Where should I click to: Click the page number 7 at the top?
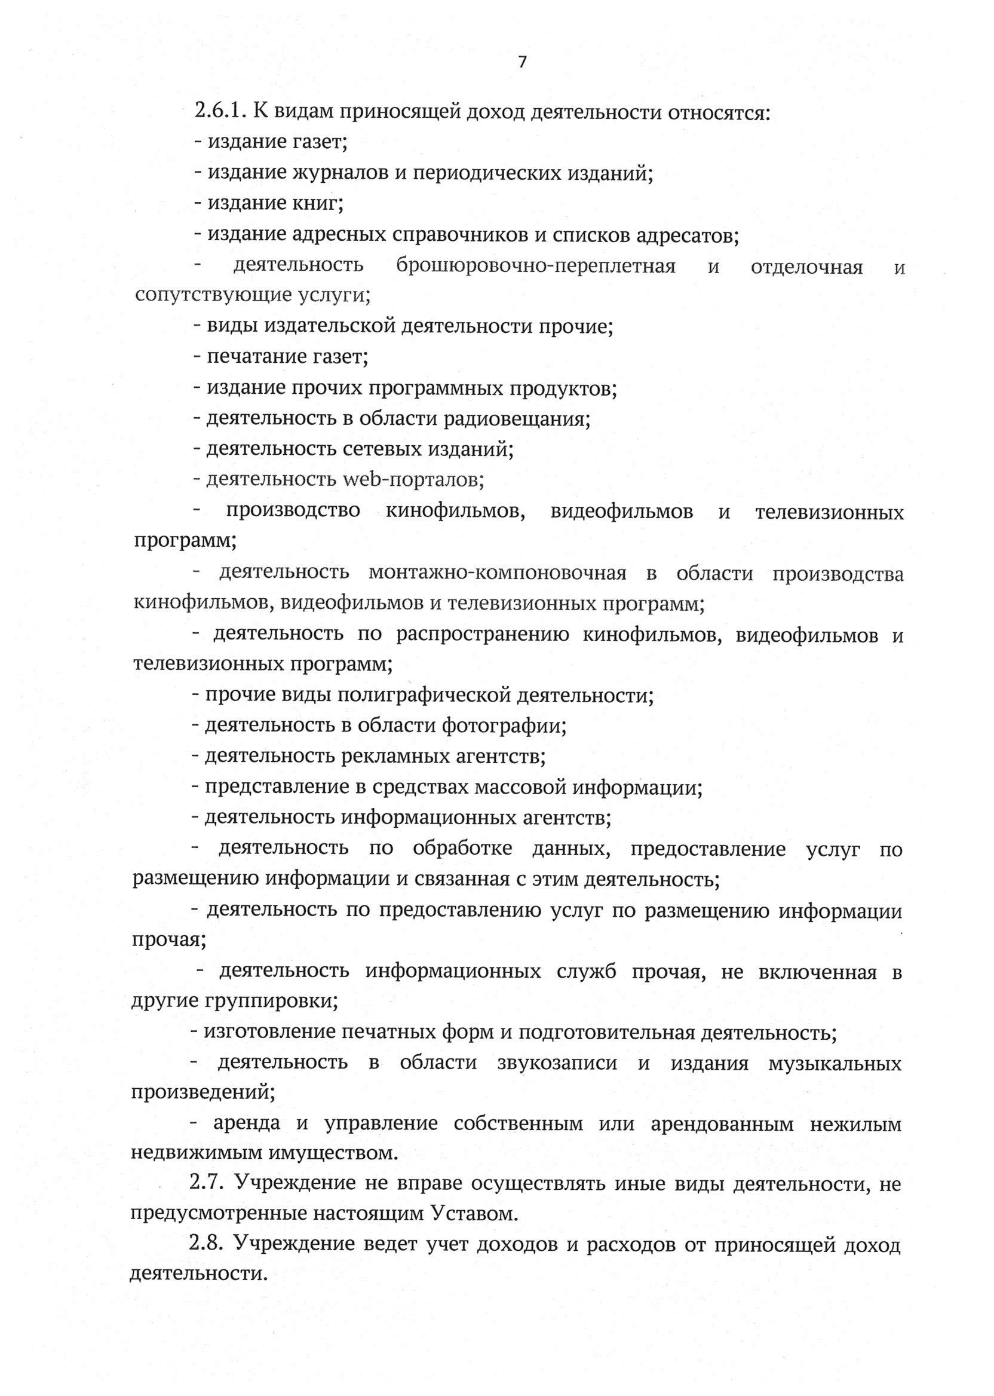pyautogui.click(x=522, y=63)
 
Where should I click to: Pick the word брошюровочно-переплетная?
pyautogui.click(x=536, y=267)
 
